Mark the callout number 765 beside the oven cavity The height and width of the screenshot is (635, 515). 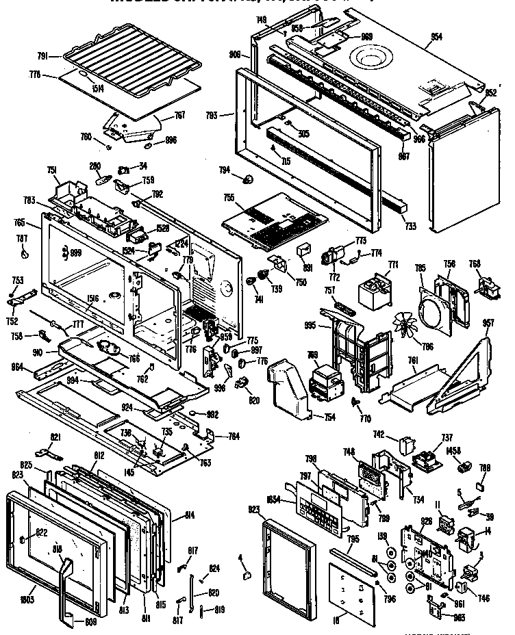(x=19, y=222)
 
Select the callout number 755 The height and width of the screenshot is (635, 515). (x=228, y=198)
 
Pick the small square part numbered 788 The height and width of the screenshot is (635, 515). (x=483, y=487)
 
